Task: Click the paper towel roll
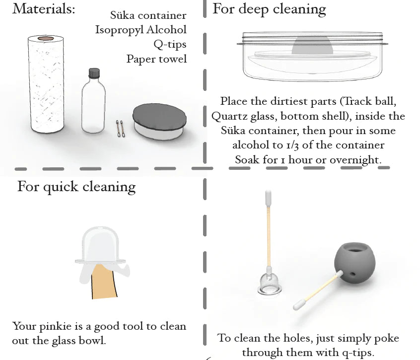click(46, 84)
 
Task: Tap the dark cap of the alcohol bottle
click(94, 73)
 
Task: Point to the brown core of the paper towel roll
click(46, 39)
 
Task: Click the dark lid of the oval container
click(160, 117)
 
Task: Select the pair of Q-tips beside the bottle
click(120, 129)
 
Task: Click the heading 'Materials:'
click(44, 8)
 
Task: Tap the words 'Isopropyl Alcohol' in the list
click(141, 30)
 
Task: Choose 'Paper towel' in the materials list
click(156, 59)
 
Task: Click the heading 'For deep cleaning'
click(269, 9)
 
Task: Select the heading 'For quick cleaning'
click(76, 187)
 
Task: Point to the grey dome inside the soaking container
click(312, 46)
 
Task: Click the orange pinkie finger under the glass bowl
click(104, 281)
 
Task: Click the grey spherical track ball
click(354, 263)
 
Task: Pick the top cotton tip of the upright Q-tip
click(268, 198)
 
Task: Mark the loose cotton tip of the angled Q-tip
click(299, 305)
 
